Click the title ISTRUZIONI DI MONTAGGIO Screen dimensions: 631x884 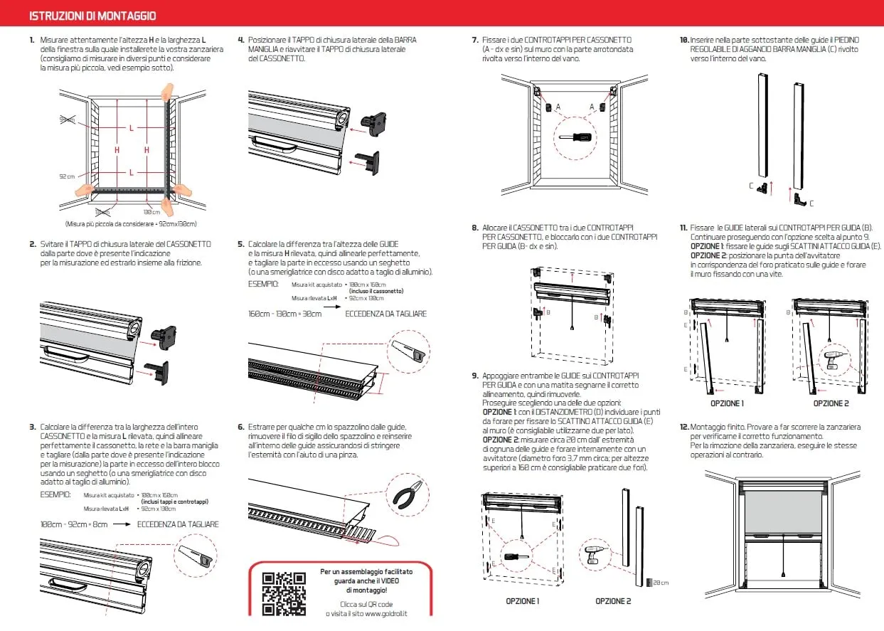point(92,16)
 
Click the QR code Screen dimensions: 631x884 point(284,593)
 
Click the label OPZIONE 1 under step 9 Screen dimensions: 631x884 point(522,601)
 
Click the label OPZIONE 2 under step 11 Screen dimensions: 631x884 point(831,403)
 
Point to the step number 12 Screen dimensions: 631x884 point(683,427)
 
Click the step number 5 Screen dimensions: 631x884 point(241,244)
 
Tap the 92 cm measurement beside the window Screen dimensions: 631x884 point(67,176)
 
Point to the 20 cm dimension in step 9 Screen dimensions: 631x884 point(659,583)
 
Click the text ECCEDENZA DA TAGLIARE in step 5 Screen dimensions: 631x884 point(386,313)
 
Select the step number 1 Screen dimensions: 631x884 point(32,40)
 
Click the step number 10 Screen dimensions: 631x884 point(683,40)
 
